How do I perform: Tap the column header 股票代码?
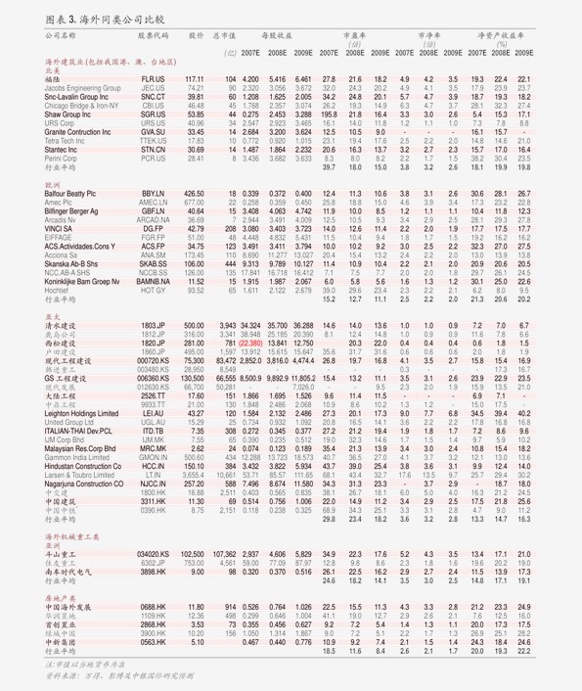154,34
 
